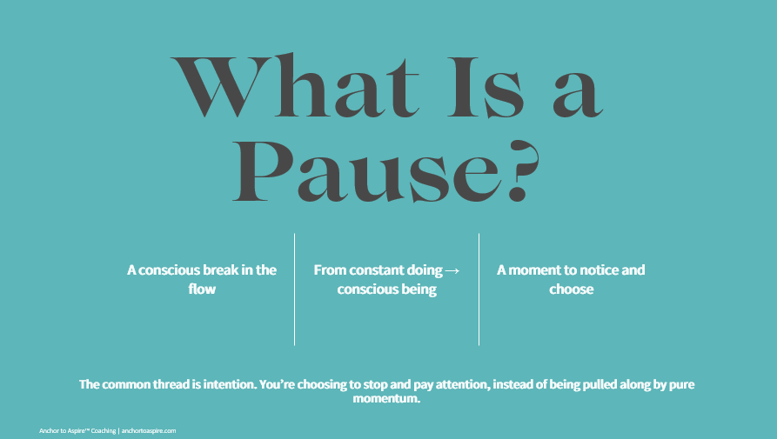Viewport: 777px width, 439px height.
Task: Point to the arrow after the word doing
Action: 452,270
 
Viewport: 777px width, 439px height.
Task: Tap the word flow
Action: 202,289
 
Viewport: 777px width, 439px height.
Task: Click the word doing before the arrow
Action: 425,270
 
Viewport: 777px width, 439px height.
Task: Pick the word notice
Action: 594,269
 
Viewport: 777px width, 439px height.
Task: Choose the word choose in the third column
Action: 571,289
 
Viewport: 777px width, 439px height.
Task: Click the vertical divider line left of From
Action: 295,289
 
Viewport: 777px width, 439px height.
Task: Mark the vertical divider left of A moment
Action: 479,289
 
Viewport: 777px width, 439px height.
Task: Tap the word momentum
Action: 387,400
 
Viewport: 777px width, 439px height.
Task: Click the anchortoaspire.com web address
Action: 148,430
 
